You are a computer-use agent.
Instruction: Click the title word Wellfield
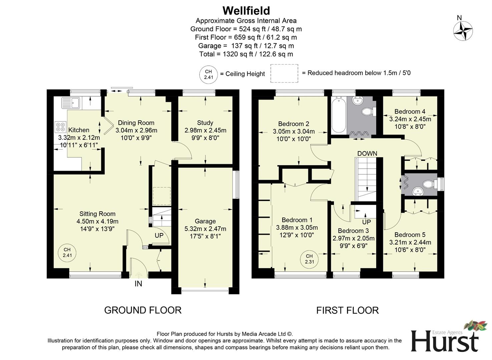pyautogui.click(x=246, y=11)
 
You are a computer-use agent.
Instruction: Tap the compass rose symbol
pyautogui.click(x=463, y=31)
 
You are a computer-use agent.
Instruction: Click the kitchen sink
pyautogui.click(x=70, y=103)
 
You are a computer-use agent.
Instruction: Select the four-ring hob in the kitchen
pyautogui.click(x=61, y=127)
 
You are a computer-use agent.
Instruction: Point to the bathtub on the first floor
pyautogui.click(x=339, y=115)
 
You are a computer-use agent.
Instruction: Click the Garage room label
pyautogui.click(x=205, y=221)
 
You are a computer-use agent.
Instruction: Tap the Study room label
pyautogui.click(x=205, y=123)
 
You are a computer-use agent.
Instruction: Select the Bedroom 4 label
pyautogui.click(x=410, y=111)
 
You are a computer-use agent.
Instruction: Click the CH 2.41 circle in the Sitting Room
pyautogui.click(x=67, y=253)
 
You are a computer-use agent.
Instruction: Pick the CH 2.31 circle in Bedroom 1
pyautogui.click(x=309, y=259)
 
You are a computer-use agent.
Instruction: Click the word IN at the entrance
pyautogui.click(x=138, y=284)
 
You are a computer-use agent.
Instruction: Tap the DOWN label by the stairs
pyautogui.click(x=367, y=153)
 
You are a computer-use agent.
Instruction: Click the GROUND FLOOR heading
pyautogui.click(x=143, y=310)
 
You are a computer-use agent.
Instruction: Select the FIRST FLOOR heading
pyautogui.click(x=347, y=310)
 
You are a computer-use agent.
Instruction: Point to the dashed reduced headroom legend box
pyautogui.click(x=284, y=73)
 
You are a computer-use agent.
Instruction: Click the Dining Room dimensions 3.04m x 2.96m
pyautogui.click(x=136, y=130)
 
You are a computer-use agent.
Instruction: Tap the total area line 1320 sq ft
pyautogui.click(x=246, y=54)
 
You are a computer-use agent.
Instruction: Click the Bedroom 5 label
pyautogui.click(x=410, y=235)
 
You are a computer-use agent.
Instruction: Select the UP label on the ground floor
pyautogui.click(x=159, y=235)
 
